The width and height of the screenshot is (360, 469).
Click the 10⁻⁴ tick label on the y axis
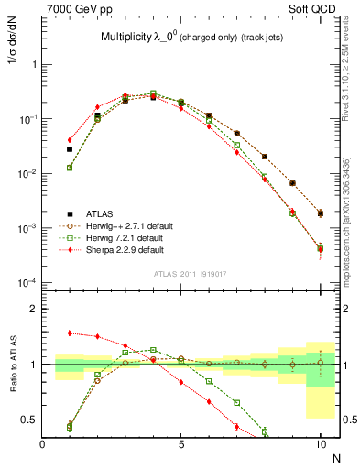click(26, 282)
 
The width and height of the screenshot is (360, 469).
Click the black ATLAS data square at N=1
click(70, 148)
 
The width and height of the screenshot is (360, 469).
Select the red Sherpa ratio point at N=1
click(70, 333)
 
